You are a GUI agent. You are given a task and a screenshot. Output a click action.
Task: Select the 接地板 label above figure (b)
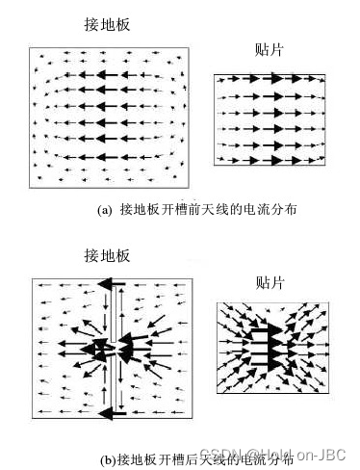[107, 255]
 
